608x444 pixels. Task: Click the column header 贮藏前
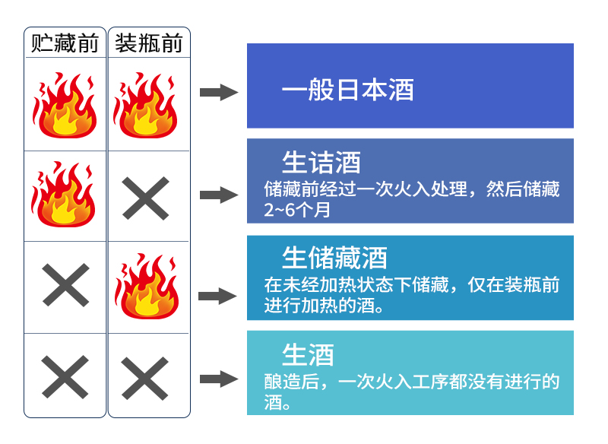coord(65,43)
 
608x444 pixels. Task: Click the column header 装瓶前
coord(149,43)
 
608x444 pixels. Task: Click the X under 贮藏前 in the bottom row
coord(65,377)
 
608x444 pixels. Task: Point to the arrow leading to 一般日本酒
coord(219,93)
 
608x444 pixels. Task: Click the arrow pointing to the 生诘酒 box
coord(219,195)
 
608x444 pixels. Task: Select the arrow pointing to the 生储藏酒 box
coord(219,296)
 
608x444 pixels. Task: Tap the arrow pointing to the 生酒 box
coord(219,378)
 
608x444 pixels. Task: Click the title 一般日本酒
coord(347,90)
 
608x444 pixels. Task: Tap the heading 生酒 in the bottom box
coord(308,354)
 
